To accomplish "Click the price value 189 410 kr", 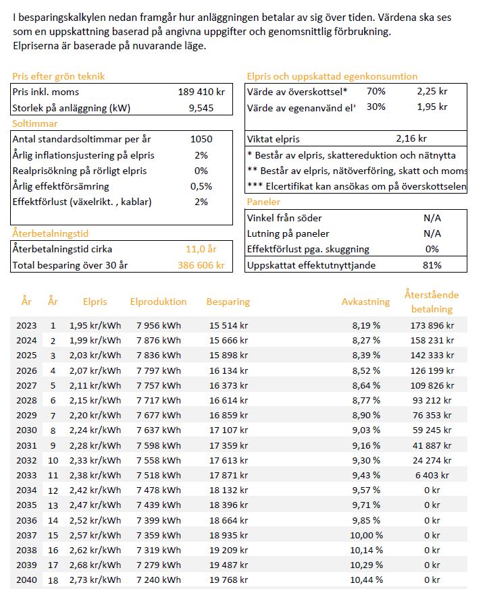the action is pyautogui.click(x=201, y=92).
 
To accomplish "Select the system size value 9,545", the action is pyautogui.click(x=201, y=108).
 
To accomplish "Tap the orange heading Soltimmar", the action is pyautogui.click(x=34, y=123).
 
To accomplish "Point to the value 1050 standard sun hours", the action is pyautogui.click(x=201, y=140).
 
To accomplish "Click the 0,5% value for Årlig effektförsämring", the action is pyautogui.click(x=201, y=186).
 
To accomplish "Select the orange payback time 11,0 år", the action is pyautogui.click(x=201, y=249).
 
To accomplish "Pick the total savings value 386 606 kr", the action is pyautogui.click(x=201, y=265).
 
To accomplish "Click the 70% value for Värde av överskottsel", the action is pyautogui.click(x=376, y=91).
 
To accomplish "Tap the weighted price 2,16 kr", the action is pyautogui.click(x=411, y=138).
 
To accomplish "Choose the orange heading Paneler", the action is pyautogui.click(x=263, y=202).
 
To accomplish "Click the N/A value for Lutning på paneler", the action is pyautogui.click(x=432, y=233).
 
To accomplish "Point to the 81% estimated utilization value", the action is pyautogui.click(x=432, y=265).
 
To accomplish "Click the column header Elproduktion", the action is pyautogui.click(x=158, y=302).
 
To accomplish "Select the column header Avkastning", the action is pyautogui.click(x=366, y=302).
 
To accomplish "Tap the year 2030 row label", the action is pyautogui.click(x=26, y=430).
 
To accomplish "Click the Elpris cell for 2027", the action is pyautogui.click(x=95, y=386).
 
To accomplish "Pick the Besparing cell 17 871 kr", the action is pyautogui.click(x=229, y=476).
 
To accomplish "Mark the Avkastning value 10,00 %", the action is pyautogui.click(x=367, y=535).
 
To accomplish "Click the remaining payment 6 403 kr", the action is pyautogui.click(x=432, y=476).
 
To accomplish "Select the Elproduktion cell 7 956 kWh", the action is pyautogui.click(x=159, y=326).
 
